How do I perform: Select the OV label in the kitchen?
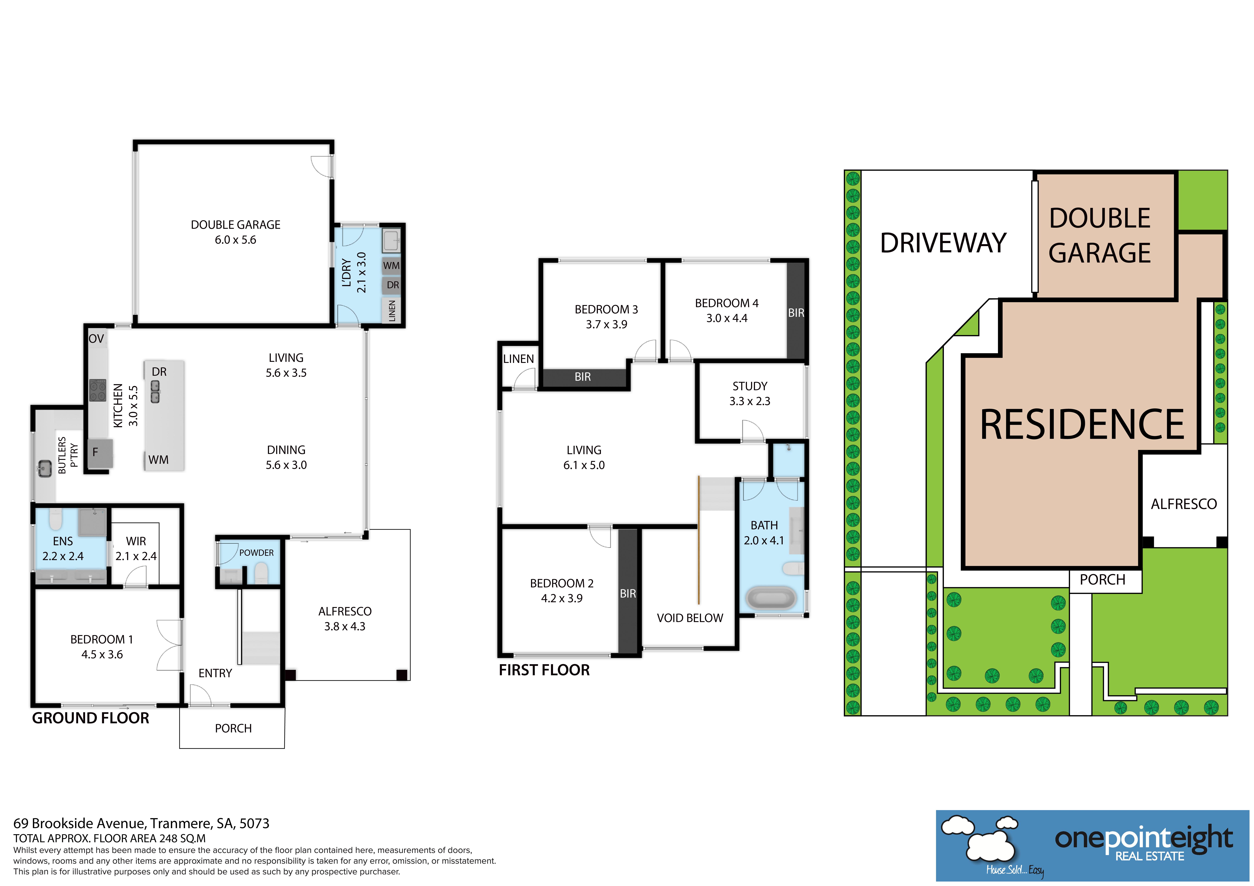(96, 338)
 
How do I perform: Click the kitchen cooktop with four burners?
(98, 390)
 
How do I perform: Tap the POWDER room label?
(256, 552)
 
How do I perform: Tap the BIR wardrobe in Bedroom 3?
(583, 377)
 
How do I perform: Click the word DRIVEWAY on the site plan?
(943, 243)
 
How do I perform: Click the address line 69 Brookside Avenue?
(141, 823)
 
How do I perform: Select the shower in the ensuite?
(92, 522)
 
